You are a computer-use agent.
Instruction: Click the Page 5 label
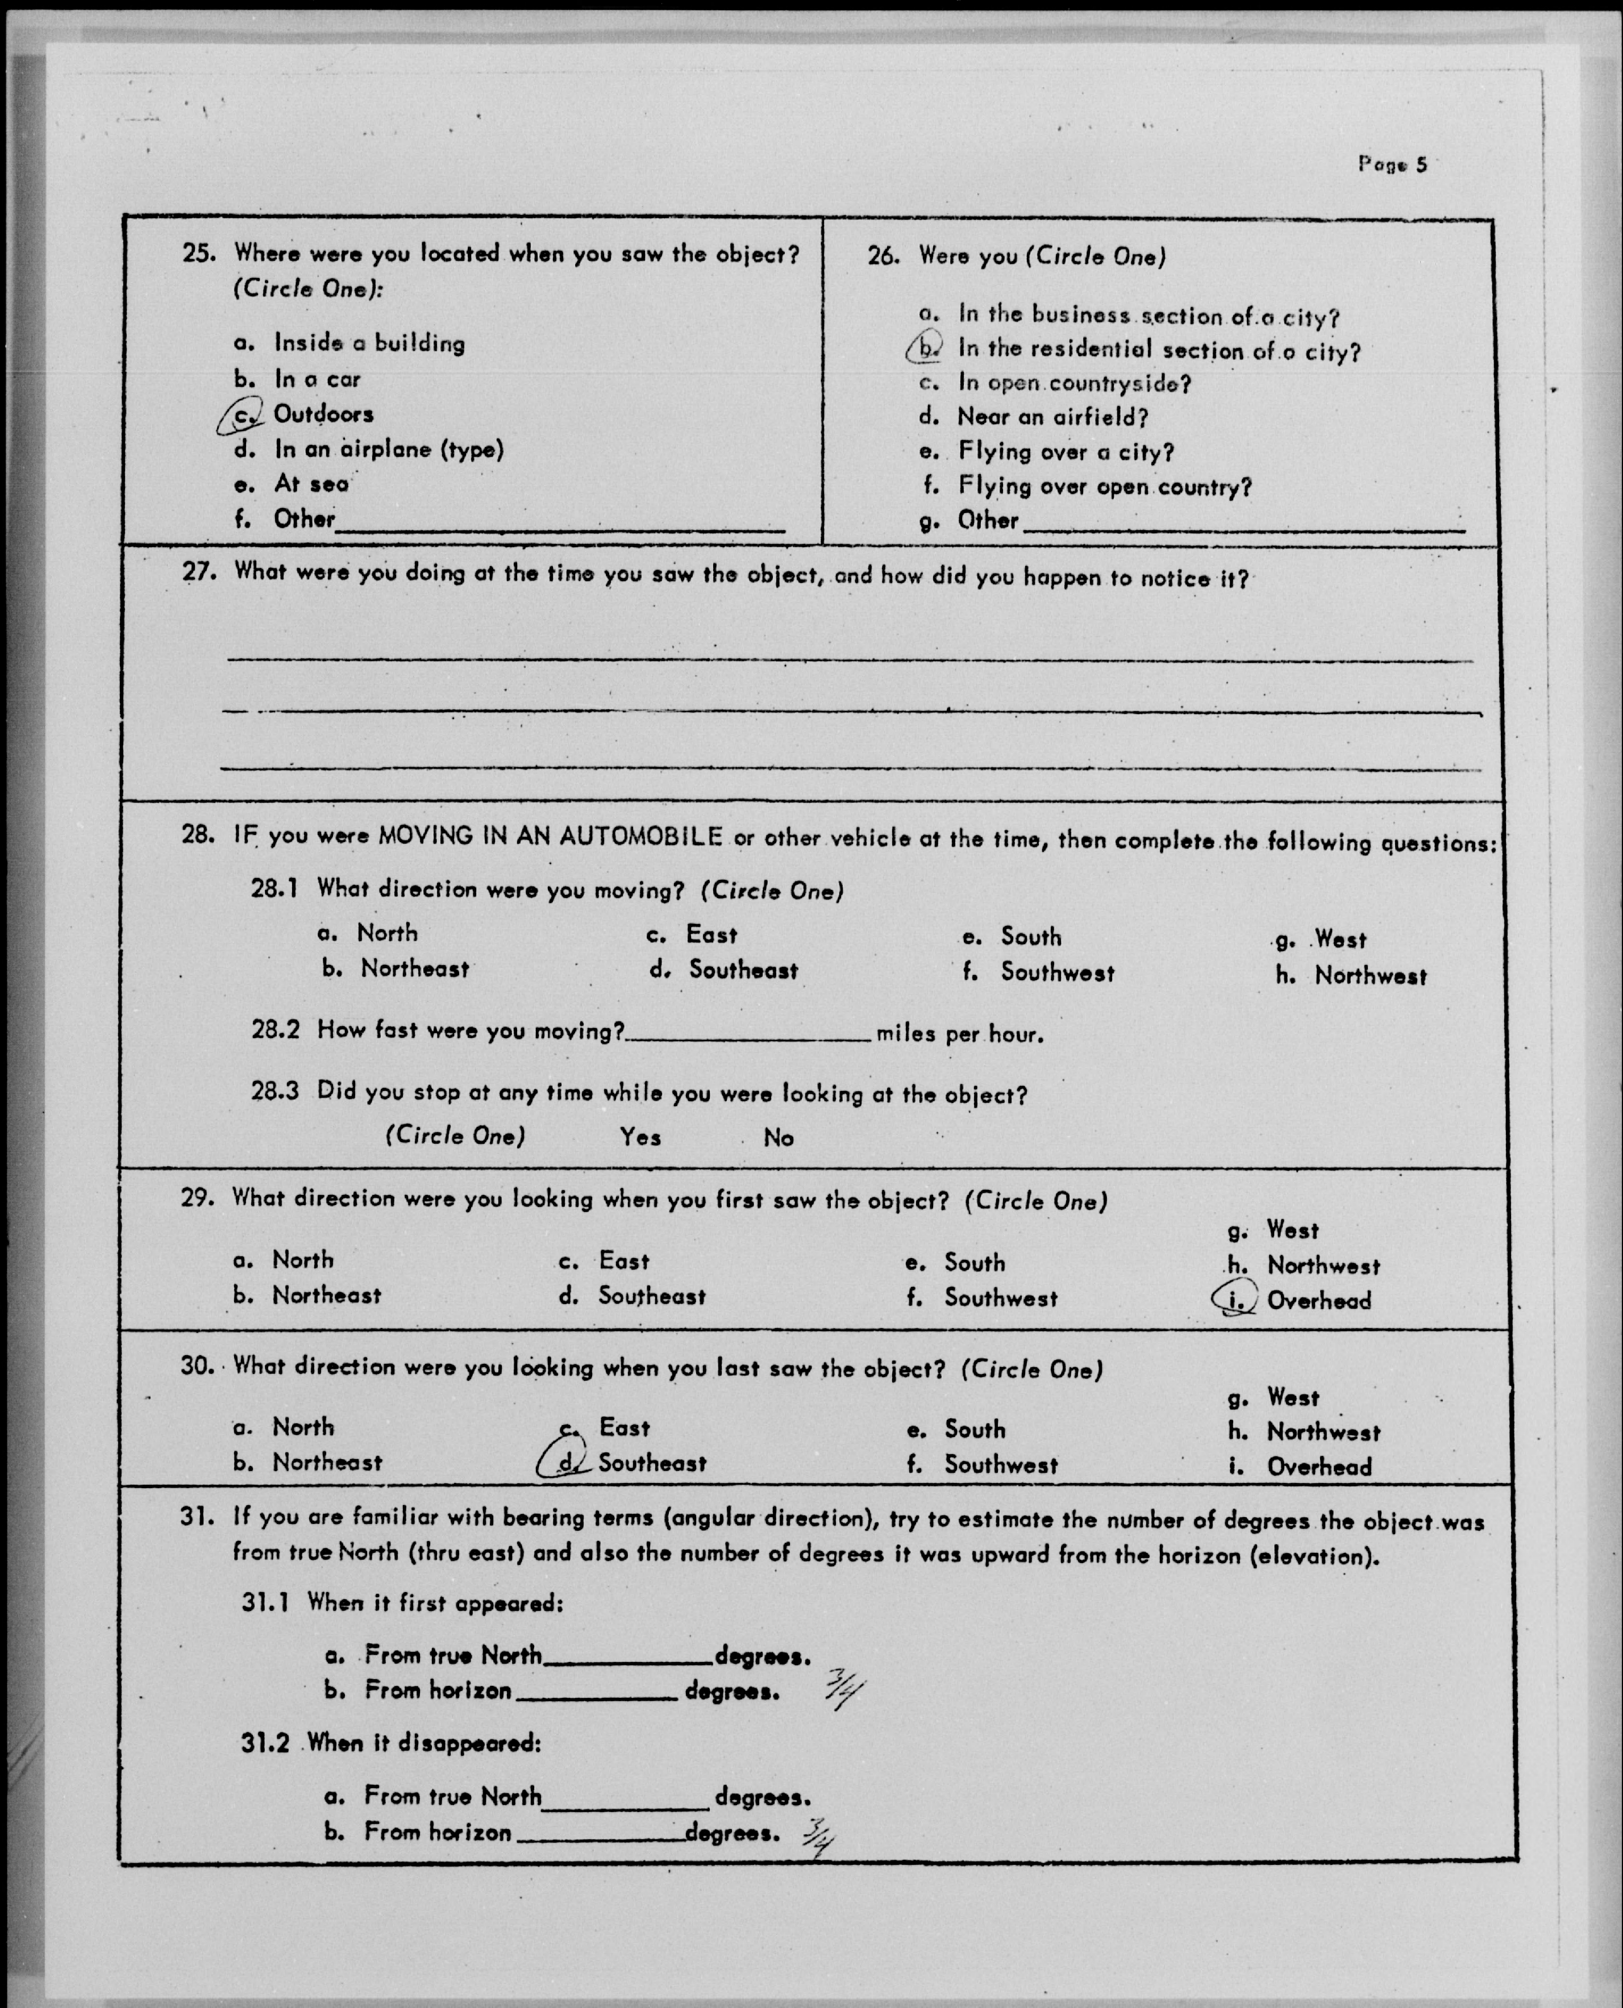point(1392,165)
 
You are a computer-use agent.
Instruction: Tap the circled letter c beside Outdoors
point(242,414)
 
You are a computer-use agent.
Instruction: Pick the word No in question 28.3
point(778,1138)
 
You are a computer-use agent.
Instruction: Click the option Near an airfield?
point(1052,417)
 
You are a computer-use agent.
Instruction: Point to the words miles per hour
point(959,1034)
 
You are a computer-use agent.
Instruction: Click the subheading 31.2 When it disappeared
point(391,1743)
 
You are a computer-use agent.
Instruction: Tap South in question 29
point(974,1263)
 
